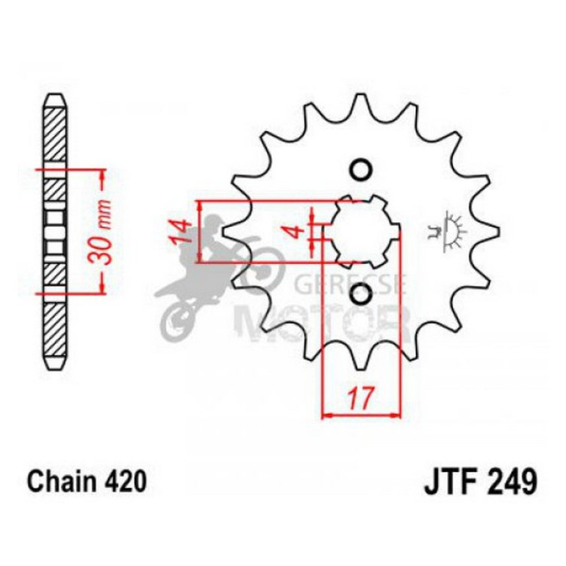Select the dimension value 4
click(x=298, y=231)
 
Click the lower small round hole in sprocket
click(x=360, y=295)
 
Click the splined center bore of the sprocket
click(x=360, y=232)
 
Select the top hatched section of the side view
click(x=56, y=132)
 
